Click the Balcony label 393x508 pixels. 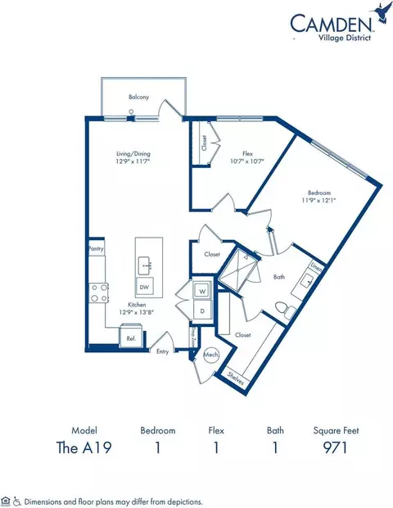coord(138,98)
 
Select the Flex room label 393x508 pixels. coord(246,153)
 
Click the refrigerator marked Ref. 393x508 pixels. coord(129,336)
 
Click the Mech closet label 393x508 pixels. coord(209,355)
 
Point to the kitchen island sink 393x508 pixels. coord(144,264)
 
